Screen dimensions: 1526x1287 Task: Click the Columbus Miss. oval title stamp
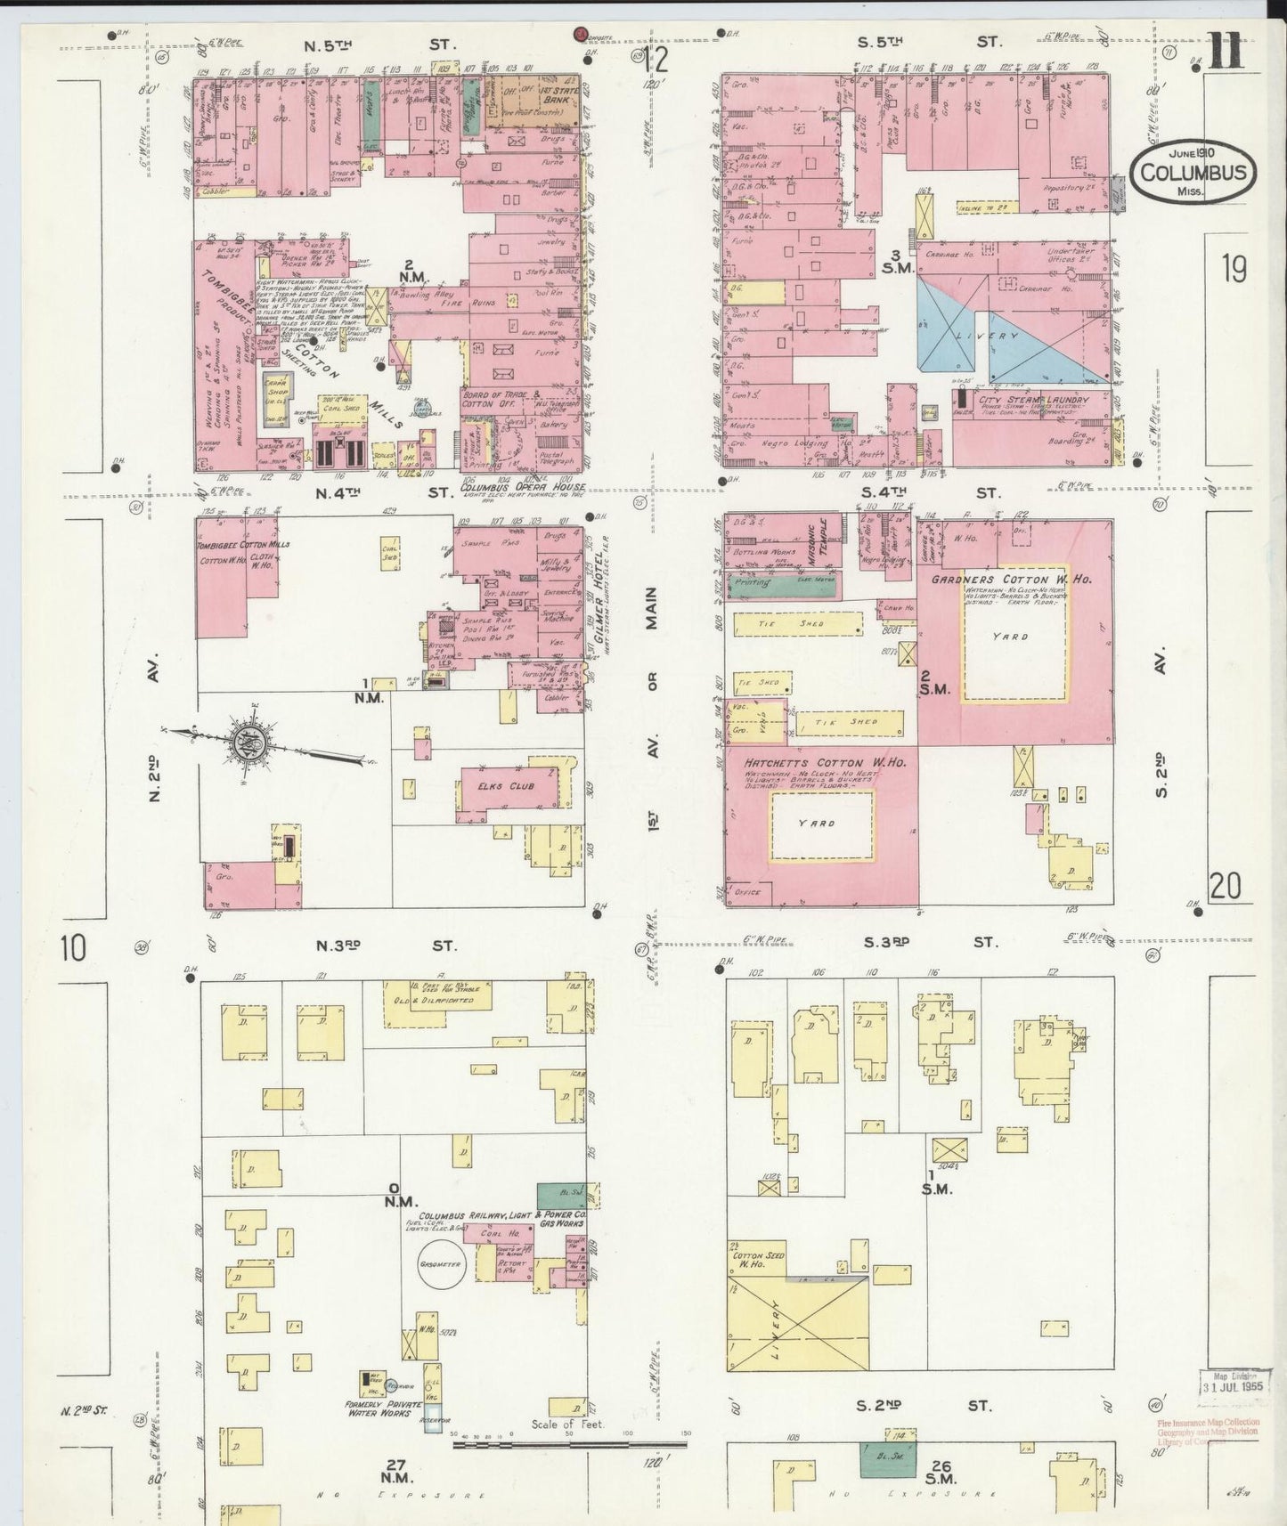[1193, 172]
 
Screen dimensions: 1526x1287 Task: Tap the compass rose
[246, 738]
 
